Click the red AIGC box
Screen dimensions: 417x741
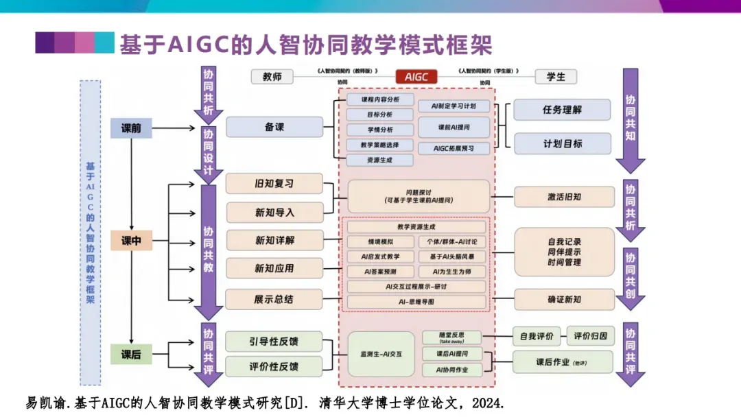point(416,77)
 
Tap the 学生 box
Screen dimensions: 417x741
point(556,77)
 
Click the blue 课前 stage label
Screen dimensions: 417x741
point(131,128)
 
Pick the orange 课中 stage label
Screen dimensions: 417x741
point(131,241)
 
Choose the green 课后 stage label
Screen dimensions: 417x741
point(131,355)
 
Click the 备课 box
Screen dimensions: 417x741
point(274,127)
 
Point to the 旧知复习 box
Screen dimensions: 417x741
point(274,184)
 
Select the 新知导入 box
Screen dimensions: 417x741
point(274,213)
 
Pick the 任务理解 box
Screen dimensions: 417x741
point(562,110)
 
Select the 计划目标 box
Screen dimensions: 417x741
point(562,143)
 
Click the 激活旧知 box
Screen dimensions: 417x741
point(564,197)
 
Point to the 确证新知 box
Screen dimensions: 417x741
point(564,299)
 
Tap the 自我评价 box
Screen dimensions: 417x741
point(536,336)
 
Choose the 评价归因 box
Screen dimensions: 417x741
point(590,336)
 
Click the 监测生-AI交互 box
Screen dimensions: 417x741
point(381,354)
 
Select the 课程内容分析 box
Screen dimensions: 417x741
point(379,99)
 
